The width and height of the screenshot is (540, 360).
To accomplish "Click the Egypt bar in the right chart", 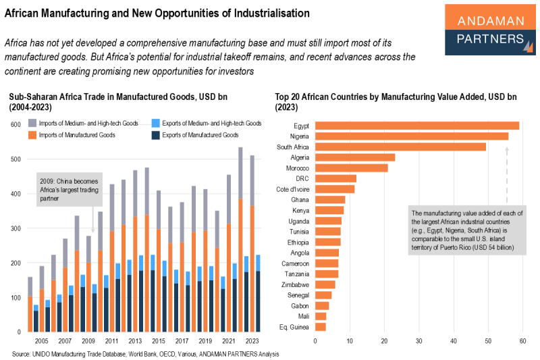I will pyautogui.click(x=416, y=126).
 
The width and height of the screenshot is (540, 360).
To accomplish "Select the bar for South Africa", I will pyautogui.click(x=400, y=147).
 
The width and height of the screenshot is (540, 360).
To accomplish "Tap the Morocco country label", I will pyautogui.click(x=298, y=168).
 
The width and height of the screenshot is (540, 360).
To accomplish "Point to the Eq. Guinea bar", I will pyautogui.click(x=321, y=327).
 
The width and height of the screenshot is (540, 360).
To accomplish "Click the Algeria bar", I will pyautogui.click(x=355, y=157).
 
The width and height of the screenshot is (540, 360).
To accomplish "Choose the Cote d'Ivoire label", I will pyautogui.click(x=292, y=189).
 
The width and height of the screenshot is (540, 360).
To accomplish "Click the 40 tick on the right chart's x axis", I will pyautogui.click(x=454, y=340).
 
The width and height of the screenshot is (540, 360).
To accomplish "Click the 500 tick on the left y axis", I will pyautogui.click(x=14, y=159).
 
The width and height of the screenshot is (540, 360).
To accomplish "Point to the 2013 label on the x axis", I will pyautogui.click(x=135, y=341).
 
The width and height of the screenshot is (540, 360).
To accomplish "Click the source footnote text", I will pyautogui.click(x=145, y=353).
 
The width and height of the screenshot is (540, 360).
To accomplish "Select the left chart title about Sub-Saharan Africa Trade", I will pyautogui.click(x=118, y=102).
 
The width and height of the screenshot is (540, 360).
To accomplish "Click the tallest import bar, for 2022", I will pyautogui.click(x=240, y=236).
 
